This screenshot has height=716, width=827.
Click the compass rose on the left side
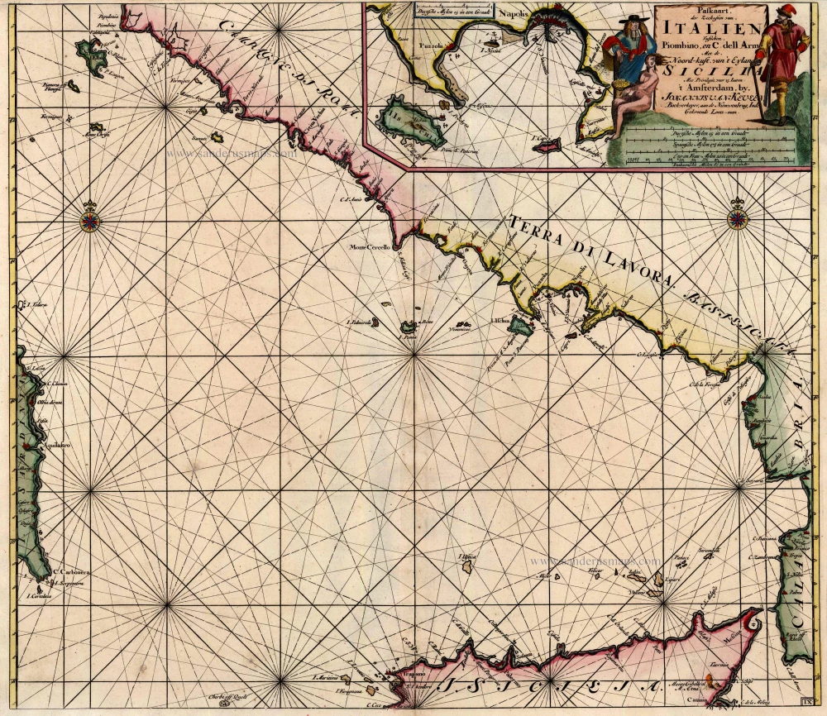(x=89, y=220)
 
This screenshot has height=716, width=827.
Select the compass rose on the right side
(x=737, y=219)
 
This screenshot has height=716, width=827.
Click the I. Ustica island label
(x=468, y=558)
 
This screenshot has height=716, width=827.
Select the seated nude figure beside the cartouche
(x=640, y=95)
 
